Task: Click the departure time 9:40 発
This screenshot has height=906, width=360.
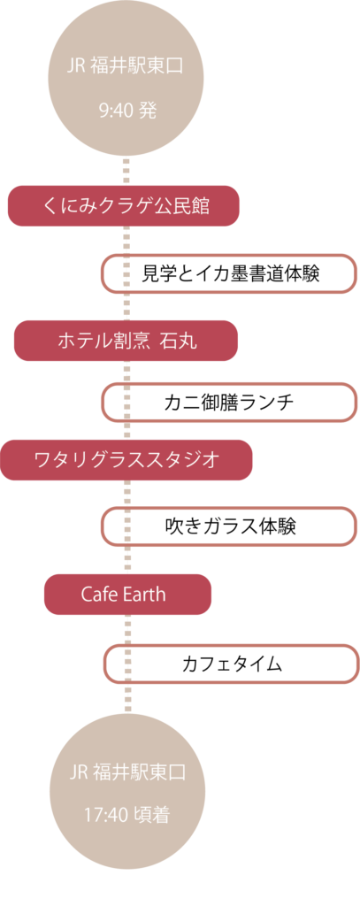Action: (x=127, y=110)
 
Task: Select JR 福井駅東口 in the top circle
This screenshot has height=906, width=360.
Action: (x=126, y=65)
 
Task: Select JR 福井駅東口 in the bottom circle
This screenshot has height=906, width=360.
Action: (x=127, y=772)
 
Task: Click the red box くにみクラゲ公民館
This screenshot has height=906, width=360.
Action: (x=124, y=205)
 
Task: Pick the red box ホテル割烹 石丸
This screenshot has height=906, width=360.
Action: (x=126, y=341)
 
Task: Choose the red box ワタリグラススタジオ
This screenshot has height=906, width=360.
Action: (x=126, y=460)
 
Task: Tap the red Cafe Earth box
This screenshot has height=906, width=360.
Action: (x=127, y=594)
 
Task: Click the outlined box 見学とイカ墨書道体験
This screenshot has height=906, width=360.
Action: (x=229, y=273)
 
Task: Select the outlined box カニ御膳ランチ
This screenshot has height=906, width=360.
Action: (x=229, y=403)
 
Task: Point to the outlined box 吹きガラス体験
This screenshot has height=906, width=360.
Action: (x=229, y=526)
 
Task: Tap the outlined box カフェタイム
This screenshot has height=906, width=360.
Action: (x=231, y=664)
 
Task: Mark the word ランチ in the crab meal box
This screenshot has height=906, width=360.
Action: (x=266, y=403)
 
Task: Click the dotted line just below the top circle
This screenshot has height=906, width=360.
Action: (x=126, y=171)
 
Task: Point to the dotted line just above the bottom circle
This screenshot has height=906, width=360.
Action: (x=127, y=698)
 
